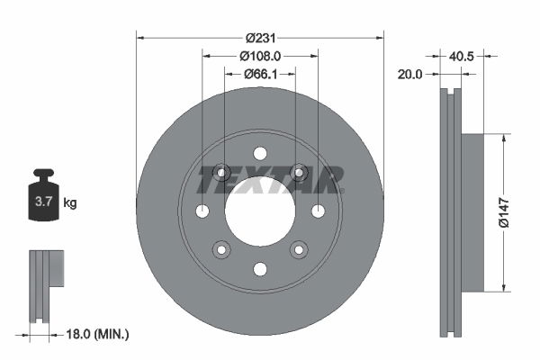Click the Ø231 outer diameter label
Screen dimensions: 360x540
[x=260, y=38]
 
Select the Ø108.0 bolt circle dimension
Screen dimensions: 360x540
[x=260, y=56]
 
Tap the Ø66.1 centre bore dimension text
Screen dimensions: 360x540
[x=260, y=73]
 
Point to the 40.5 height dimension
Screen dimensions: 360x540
[x=462, y=56]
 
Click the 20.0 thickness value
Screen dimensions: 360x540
[x=409, y=76]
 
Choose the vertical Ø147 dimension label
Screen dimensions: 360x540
[x=516, y=213]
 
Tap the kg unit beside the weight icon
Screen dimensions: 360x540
[x=69, y=203]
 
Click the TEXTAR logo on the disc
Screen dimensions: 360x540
[x=270, y=180]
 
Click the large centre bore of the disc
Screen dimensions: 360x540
[x=260, y=211]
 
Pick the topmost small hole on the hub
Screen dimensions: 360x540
[x=260, y=153]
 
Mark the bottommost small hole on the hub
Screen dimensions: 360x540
[x=260, y=269]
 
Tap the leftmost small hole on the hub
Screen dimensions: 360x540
[x=202, y=211]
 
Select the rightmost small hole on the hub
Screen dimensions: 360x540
[x=318, y=211]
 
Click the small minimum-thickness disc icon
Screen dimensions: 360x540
[x=45, y=283]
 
